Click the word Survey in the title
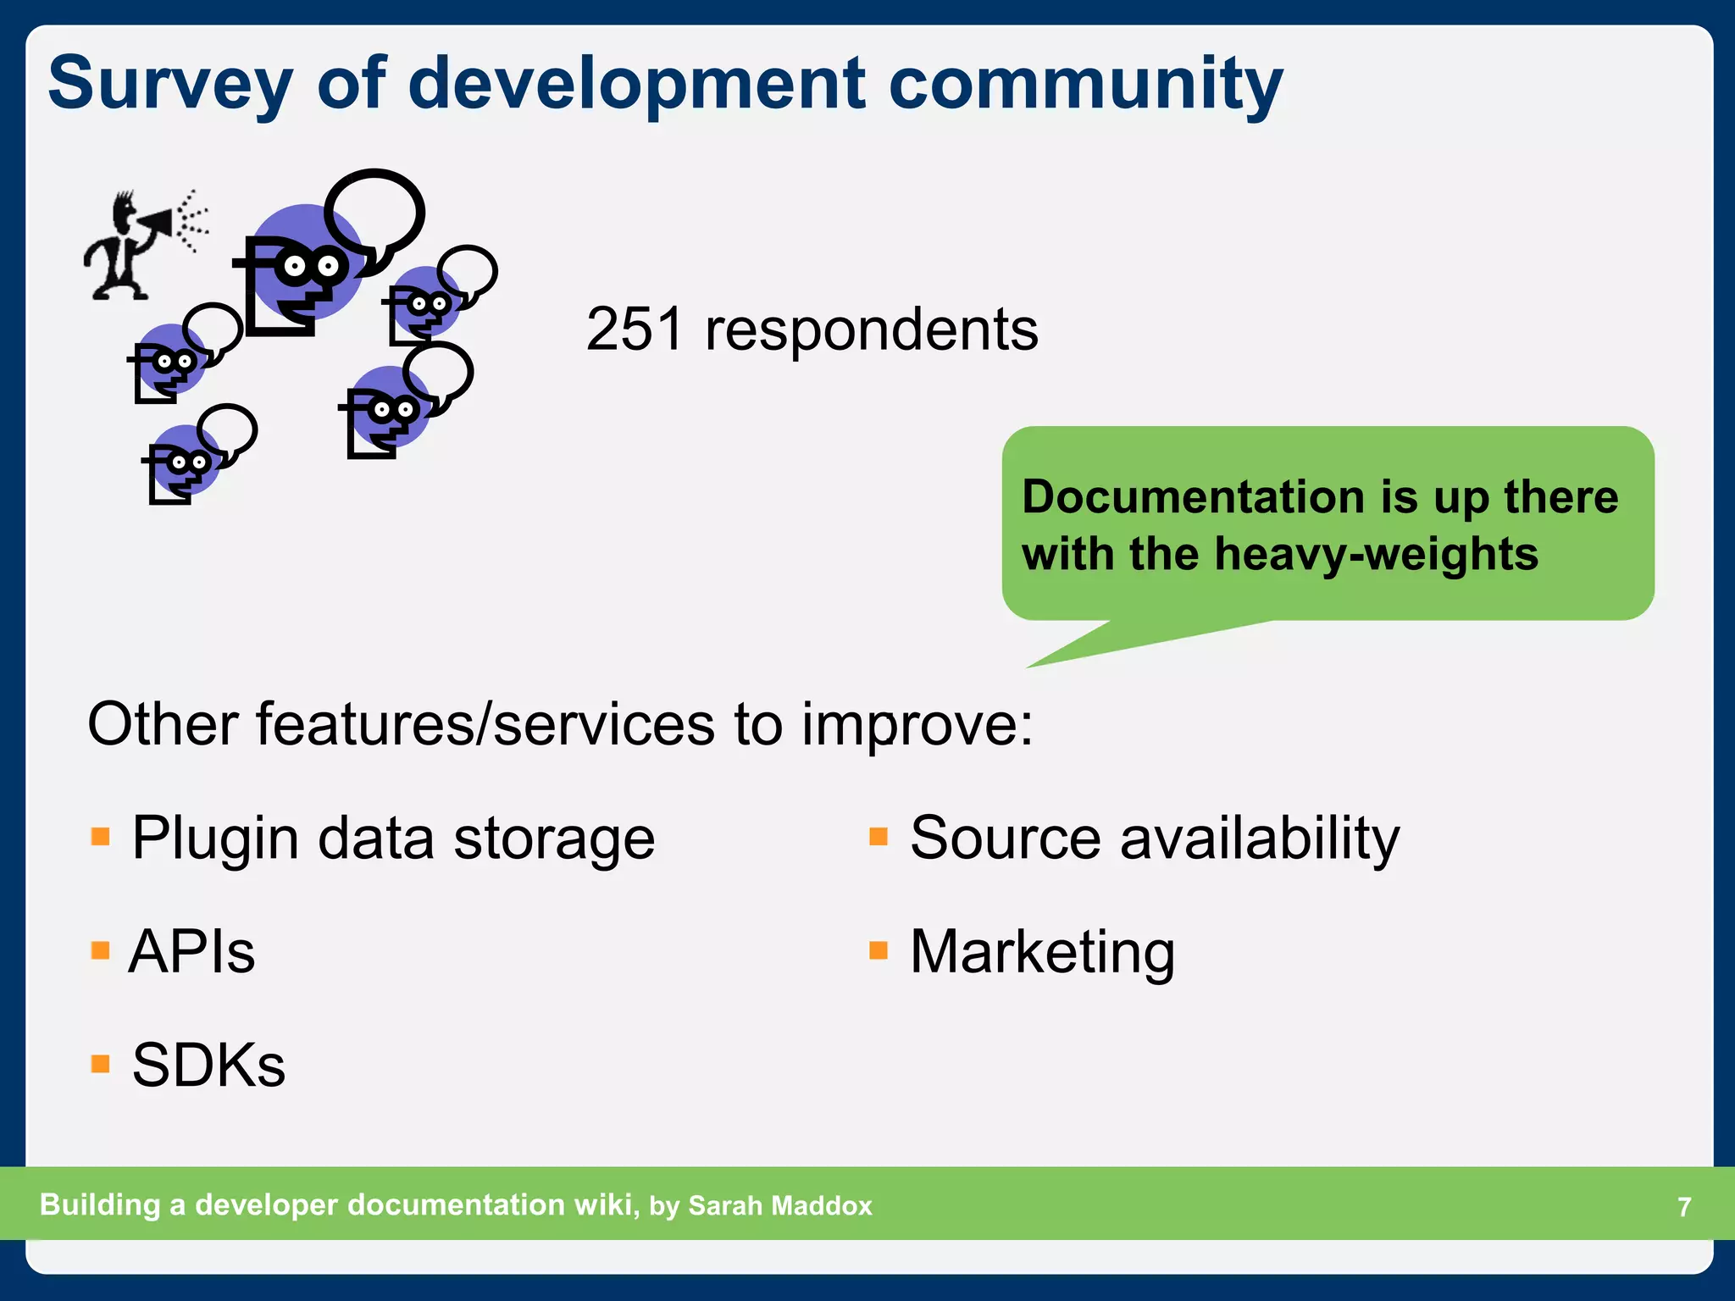coord(169,85)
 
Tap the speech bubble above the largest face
coord(374,212)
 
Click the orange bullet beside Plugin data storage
coord(101,838)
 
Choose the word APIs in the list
coord(191,952)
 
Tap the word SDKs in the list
coord(208,1066)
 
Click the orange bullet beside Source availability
coord(879,838)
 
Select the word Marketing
coord(1042,952)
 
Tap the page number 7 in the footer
coord(1684,1206)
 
